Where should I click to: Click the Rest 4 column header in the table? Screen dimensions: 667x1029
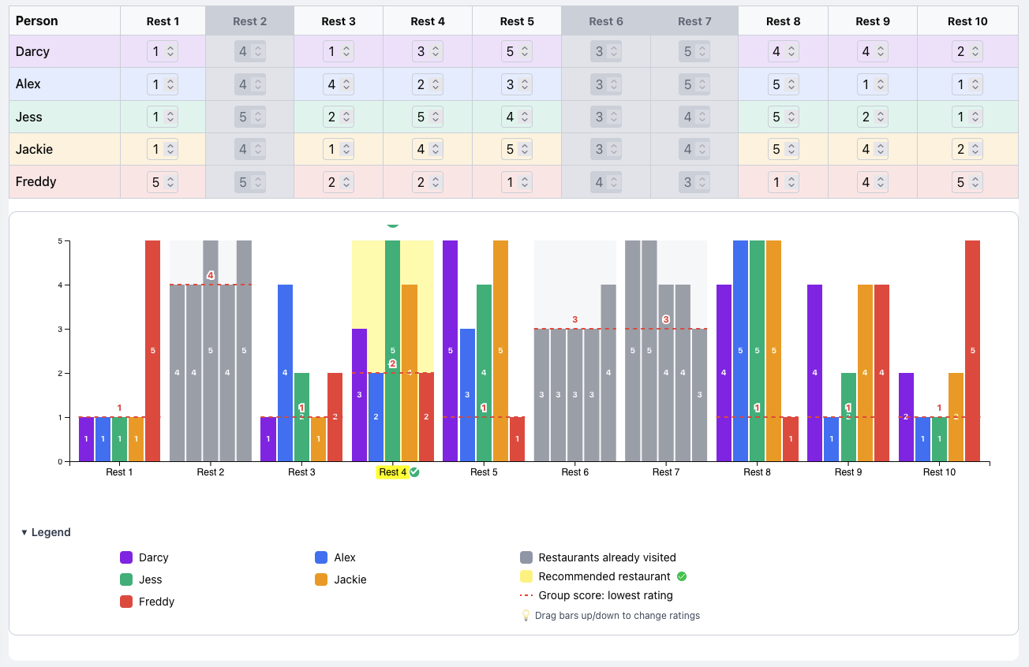[x=427, y=21]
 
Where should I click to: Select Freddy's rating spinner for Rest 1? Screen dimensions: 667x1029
[x=163, y=182]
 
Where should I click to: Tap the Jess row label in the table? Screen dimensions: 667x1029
[x=29, y=117]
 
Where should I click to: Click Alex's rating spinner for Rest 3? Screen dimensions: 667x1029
[x=338, y=84]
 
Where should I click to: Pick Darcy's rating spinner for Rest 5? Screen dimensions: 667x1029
[x=516, y=52]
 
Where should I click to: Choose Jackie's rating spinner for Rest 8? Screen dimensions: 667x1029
[x=784, y=150]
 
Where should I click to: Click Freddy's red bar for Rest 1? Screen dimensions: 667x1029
[x=153, y=351]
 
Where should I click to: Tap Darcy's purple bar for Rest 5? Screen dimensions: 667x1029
[x=450, y=351]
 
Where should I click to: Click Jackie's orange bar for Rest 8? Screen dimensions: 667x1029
[x=773, y=351]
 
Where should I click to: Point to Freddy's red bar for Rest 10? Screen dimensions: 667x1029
[x=972, y=351]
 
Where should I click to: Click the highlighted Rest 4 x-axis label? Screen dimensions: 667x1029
[x=392, y=472]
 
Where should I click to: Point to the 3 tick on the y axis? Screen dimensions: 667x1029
[x=60, y=329]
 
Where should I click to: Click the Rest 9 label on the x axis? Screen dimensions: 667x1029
[x=848, y=472]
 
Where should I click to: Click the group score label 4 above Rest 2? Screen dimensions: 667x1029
[x=211, y=275]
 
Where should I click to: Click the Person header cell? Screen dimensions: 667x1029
[x=37, y=21]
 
